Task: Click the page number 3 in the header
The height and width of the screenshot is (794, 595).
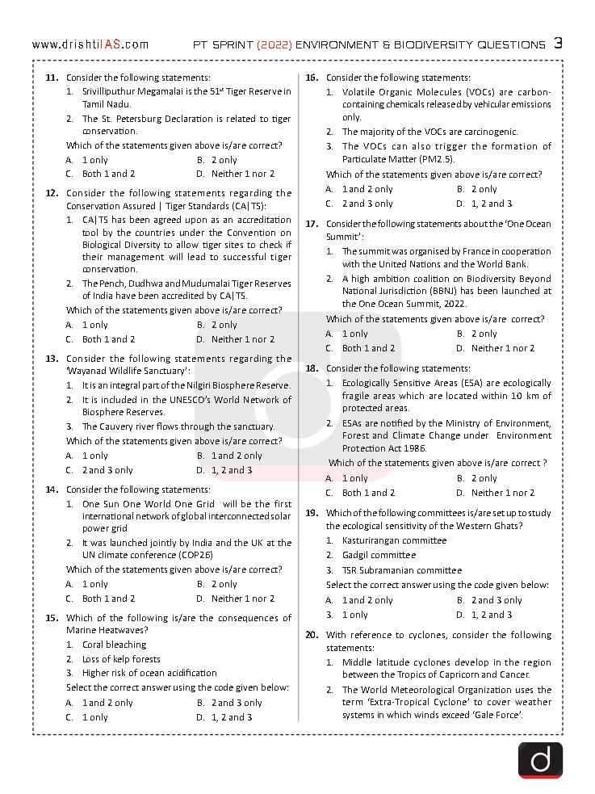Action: pos(558,44)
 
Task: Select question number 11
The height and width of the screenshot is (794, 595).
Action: pos(52,78)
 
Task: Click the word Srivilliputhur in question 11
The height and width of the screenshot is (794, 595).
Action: pos(112,92)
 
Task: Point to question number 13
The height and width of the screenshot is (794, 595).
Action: pos(52,359)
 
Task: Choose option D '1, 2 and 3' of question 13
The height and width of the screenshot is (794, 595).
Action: pos(232,470)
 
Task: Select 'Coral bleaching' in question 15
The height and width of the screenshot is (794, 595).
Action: pos(114,645)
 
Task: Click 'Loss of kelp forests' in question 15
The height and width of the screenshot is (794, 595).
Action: pos(121,659)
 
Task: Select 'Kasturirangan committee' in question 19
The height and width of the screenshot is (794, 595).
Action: pos(394,540)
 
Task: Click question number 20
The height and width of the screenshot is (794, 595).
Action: pos(312,635)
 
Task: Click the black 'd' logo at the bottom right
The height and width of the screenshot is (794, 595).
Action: pos(540,760)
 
